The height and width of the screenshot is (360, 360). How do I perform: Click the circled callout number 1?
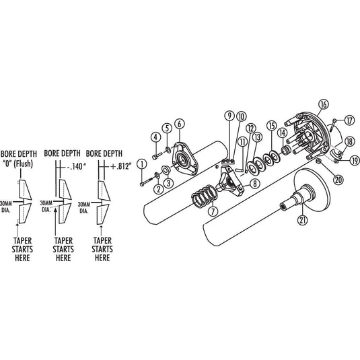(x=142, y=165)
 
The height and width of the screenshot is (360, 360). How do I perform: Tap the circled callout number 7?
(x=213, y=211)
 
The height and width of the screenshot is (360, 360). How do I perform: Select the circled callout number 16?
(x=323, y=104)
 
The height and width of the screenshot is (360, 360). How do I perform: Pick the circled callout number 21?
(x=302, y=220)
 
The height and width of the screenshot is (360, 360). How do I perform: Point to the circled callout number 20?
(x=338, y=180)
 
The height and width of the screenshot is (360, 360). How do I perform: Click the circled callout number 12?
(x=251, y=129)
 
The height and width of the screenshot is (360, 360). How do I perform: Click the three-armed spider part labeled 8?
(x=229, y=182)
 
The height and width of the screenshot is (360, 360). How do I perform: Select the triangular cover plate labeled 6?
(x=185, y=159)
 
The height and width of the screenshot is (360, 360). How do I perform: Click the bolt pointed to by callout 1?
(x=147, y=181)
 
